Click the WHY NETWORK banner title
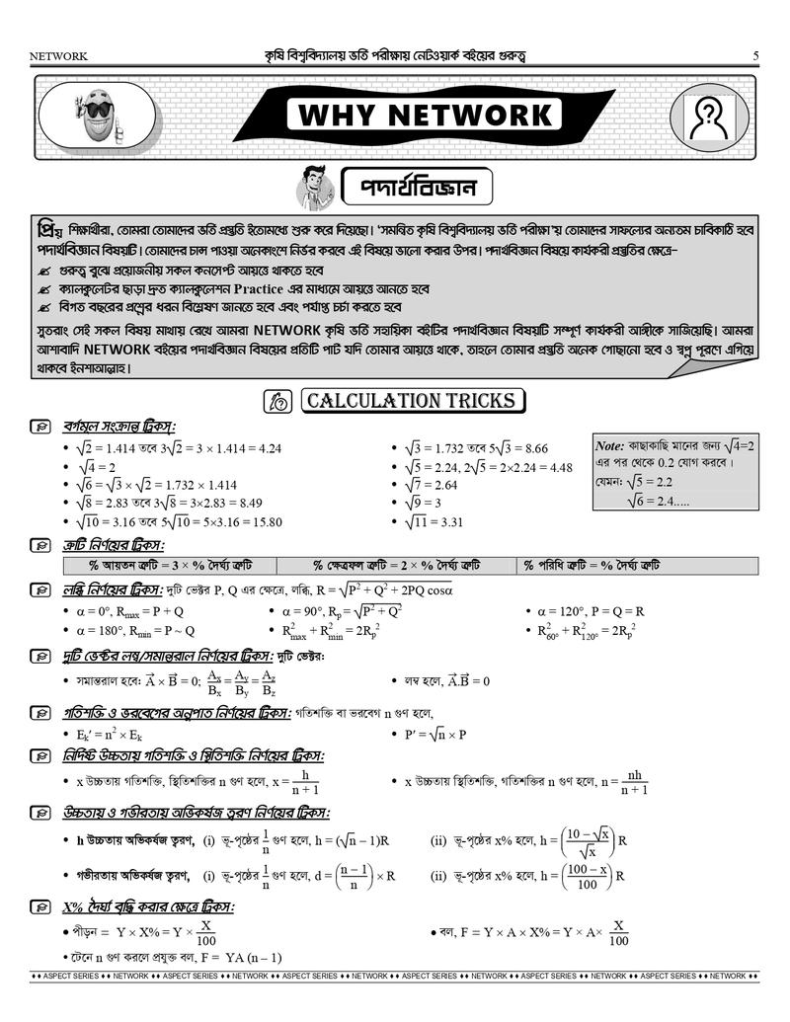425,115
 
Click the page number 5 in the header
754,56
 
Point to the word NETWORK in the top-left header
59,56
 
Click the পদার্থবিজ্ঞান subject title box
418,186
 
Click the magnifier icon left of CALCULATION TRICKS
277,401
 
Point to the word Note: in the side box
610,445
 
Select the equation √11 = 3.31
434,522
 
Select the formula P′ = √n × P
435,735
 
